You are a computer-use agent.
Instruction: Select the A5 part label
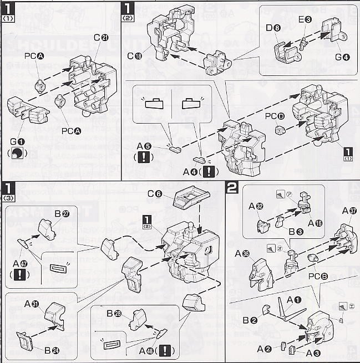tap(145, 147)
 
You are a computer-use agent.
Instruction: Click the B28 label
tap(114, 314)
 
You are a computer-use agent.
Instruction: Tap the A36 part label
tap(242, 254)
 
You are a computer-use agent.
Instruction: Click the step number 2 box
tap(233, 187)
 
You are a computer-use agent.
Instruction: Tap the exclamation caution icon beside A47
tap(20, 274)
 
